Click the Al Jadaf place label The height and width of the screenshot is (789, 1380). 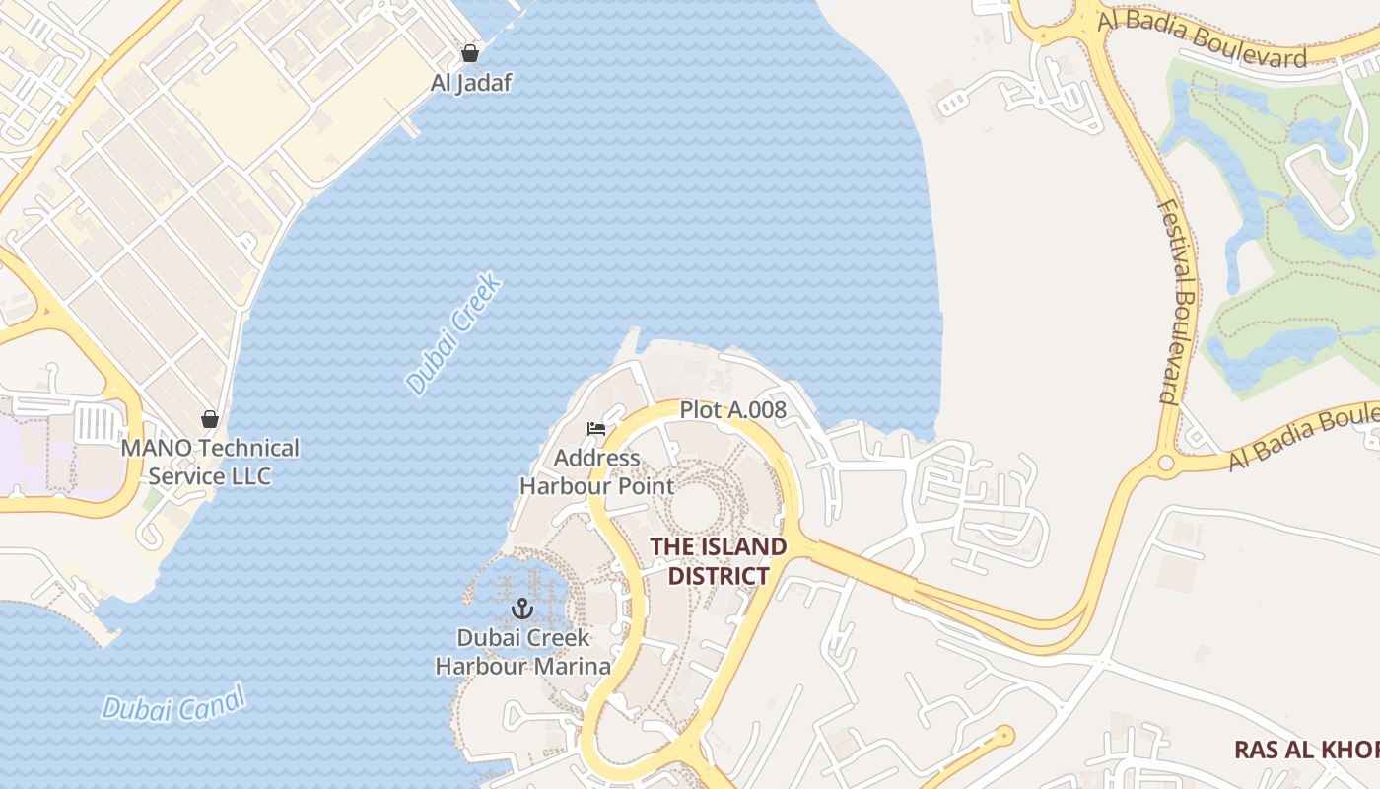pyautogui.click(x=471, y=83)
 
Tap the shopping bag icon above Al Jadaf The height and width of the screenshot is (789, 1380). pyautogui.click(x=470, y=53)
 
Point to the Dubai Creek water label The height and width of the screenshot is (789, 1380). pyautogui.click(x=454, y=335)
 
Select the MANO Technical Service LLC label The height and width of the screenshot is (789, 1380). pyautogui.click(x=210, y=462)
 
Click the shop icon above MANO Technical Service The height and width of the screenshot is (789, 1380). pyautogui.click(x=209, y=420)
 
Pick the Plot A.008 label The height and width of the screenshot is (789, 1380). pyautogui.click(x=732, y=410)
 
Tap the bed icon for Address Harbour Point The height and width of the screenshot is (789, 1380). pyautogui.click(x=595, y=429)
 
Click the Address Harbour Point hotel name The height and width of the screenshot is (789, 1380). pyautogui.click(x=596, y=471)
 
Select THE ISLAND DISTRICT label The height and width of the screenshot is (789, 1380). pyautogui.click(x=719, y=561)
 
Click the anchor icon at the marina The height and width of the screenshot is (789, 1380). pyautogui.click(x=522, y=609)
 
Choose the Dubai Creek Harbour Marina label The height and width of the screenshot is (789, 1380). pyautogui.click(x=523, y=652)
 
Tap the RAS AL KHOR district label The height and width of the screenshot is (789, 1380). pyautogui.click(x=1306, y=750)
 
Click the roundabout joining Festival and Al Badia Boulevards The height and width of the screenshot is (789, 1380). pyautogui.click(x=1166, y=463)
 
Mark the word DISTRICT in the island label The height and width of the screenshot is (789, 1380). pyautogui.click(x=719, y=576)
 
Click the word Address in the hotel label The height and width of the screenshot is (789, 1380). pyautogui.click(x=596, y=459)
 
